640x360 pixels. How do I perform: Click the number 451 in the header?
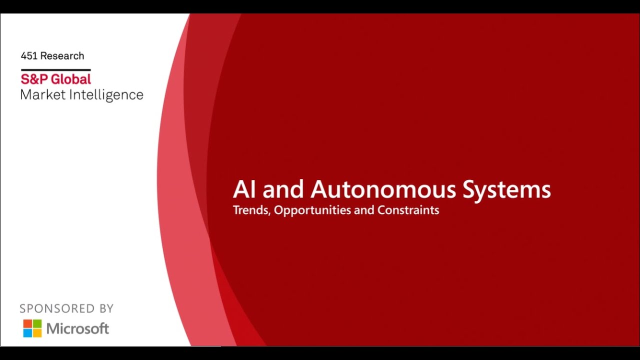click(x=29, y=56)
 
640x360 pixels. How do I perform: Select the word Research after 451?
click(x=62, y=56)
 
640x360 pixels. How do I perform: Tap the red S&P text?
click(x=35, y=79)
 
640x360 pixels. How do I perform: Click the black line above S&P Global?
click(x=55, y=69)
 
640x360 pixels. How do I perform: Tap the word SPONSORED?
click(x=56, y=308)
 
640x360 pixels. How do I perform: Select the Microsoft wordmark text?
click(x=77, y=328)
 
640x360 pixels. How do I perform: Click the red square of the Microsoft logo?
click(x=28, y=324)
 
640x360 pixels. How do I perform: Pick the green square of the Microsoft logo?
click(x=37, y=324)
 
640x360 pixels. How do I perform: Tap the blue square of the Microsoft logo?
click(x=28, y=333)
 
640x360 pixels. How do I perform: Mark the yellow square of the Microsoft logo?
click(x=37, y=333)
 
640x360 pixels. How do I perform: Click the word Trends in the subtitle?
click(x=251, y=210)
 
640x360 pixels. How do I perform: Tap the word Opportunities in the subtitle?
click(x=312, y=210)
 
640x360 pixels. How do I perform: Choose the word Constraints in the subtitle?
click(x=408, y=210)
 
